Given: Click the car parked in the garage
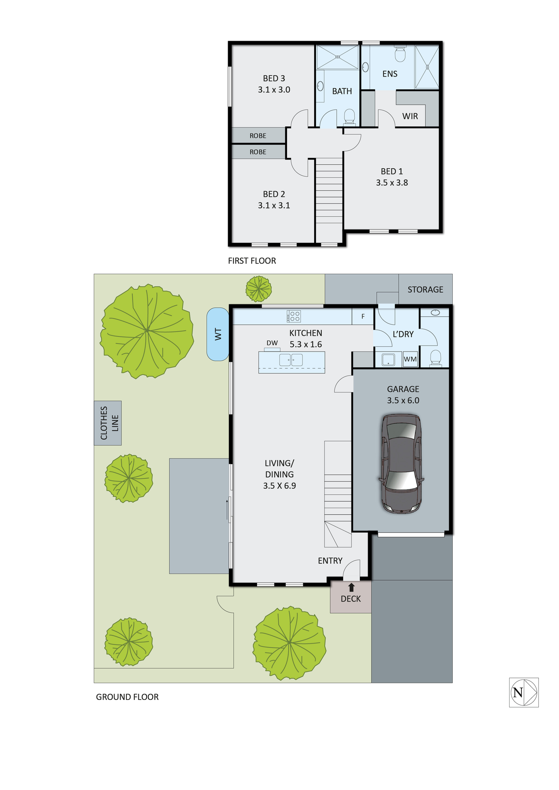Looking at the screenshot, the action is click(401, 464).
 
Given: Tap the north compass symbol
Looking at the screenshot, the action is click(524, 692).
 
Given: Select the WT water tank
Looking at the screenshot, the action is click(218, 334).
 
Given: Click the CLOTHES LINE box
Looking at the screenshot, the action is click(108, 423).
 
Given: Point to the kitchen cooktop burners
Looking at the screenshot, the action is click(294, 316).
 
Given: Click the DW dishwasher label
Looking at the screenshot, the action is click(272, 343).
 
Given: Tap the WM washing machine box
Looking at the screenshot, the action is click(410, 359).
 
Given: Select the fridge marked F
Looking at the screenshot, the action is click(363, 316).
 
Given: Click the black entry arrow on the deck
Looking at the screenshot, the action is click(351, 587).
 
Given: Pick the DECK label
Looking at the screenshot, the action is click(351, 599).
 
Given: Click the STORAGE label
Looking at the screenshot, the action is click(425, 290).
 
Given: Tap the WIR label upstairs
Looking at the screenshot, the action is click(410, 116).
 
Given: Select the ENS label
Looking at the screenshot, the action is click(390, 74).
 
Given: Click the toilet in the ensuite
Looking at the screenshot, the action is click(400, 54).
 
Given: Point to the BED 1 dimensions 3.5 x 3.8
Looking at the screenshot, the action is click(392, 182).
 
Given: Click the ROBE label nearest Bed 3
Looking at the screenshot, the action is click(258, 135).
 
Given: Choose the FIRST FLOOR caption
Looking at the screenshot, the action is click(252, 261).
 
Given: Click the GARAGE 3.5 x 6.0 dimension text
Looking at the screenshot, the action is click(403, 400).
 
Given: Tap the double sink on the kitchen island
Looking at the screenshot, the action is click(291, 360).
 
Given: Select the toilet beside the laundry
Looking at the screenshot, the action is click(435, 357).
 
